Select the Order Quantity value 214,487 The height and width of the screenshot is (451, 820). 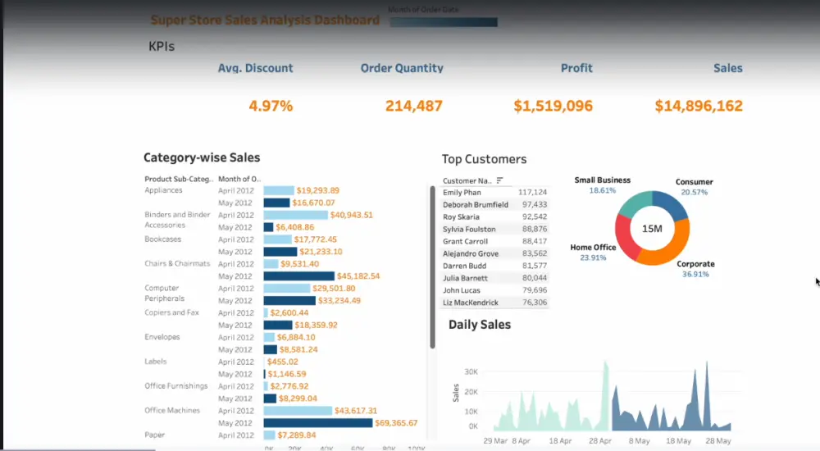coord(413,106)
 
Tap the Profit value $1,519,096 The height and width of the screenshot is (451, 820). coord(553,106)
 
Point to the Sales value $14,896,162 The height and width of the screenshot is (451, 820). coord(699,106)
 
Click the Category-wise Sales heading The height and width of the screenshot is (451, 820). coord(202,157)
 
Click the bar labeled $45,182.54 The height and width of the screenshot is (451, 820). coord(298,276)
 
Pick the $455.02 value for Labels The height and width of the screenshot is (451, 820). coord(282,362)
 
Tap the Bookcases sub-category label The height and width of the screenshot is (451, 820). coord(163,239)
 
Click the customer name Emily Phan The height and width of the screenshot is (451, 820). coord(462,193)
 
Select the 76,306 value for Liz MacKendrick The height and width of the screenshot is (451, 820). coord(534,303)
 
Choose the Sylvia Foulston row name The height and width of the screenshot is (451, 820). coord(469,229)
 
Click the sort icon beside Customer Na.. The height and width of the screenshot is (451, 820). coord(499,180)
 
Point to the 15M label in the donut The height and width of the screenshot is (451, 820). coord(652,229)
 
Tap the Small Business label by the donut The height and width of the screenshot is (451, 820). coord(602,180)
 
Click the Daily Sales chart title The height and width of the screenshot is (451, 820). coord(480,325)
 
